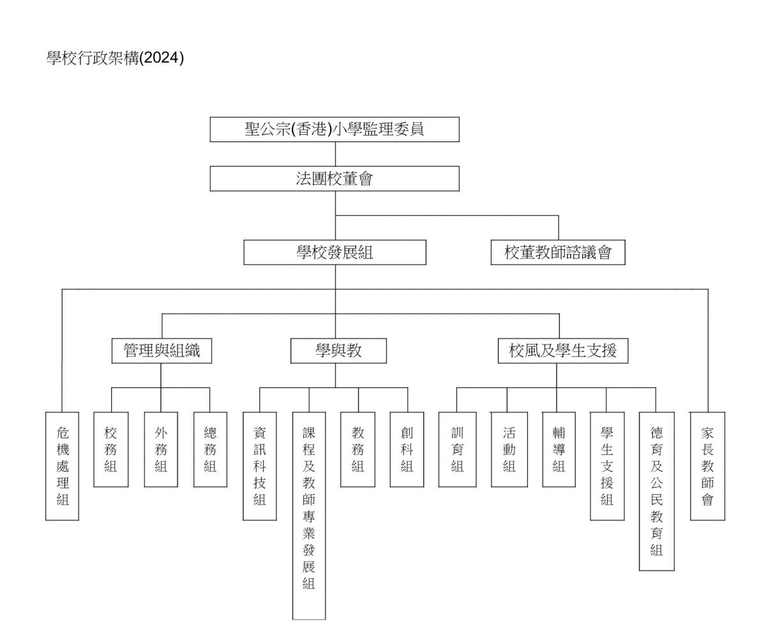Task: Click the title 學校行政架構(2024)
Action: point(115,58)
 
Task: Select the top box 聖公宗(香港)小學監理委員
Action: point(334,129)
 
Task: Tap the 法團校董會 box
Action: point(334,178)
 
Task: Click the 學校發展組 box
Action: point(335,252)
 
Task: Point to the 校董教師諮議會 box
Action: point(558,252)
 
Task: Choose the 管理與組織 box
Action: point(161,351)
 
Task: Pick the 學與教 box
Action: point(338,351)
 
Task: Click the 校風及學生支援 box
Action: point(563,351)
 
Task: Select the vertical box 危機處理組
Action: point(63,466)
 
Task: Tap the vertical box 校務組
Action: point(111,450)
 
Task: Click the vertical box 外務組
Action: point(161,450)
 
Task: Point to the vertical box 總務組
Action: point(210,450)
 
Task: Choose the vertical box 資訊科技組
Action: point(260,466)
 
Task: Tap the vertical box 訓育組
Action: point(458,450)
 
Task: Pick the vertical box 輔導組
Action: point(559,450)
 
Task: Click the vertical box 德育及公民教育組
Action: point(657,491)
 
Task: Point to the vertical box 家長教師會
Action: point(708,466)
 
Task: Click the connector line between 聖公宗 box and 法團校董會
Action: point(335,154)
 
